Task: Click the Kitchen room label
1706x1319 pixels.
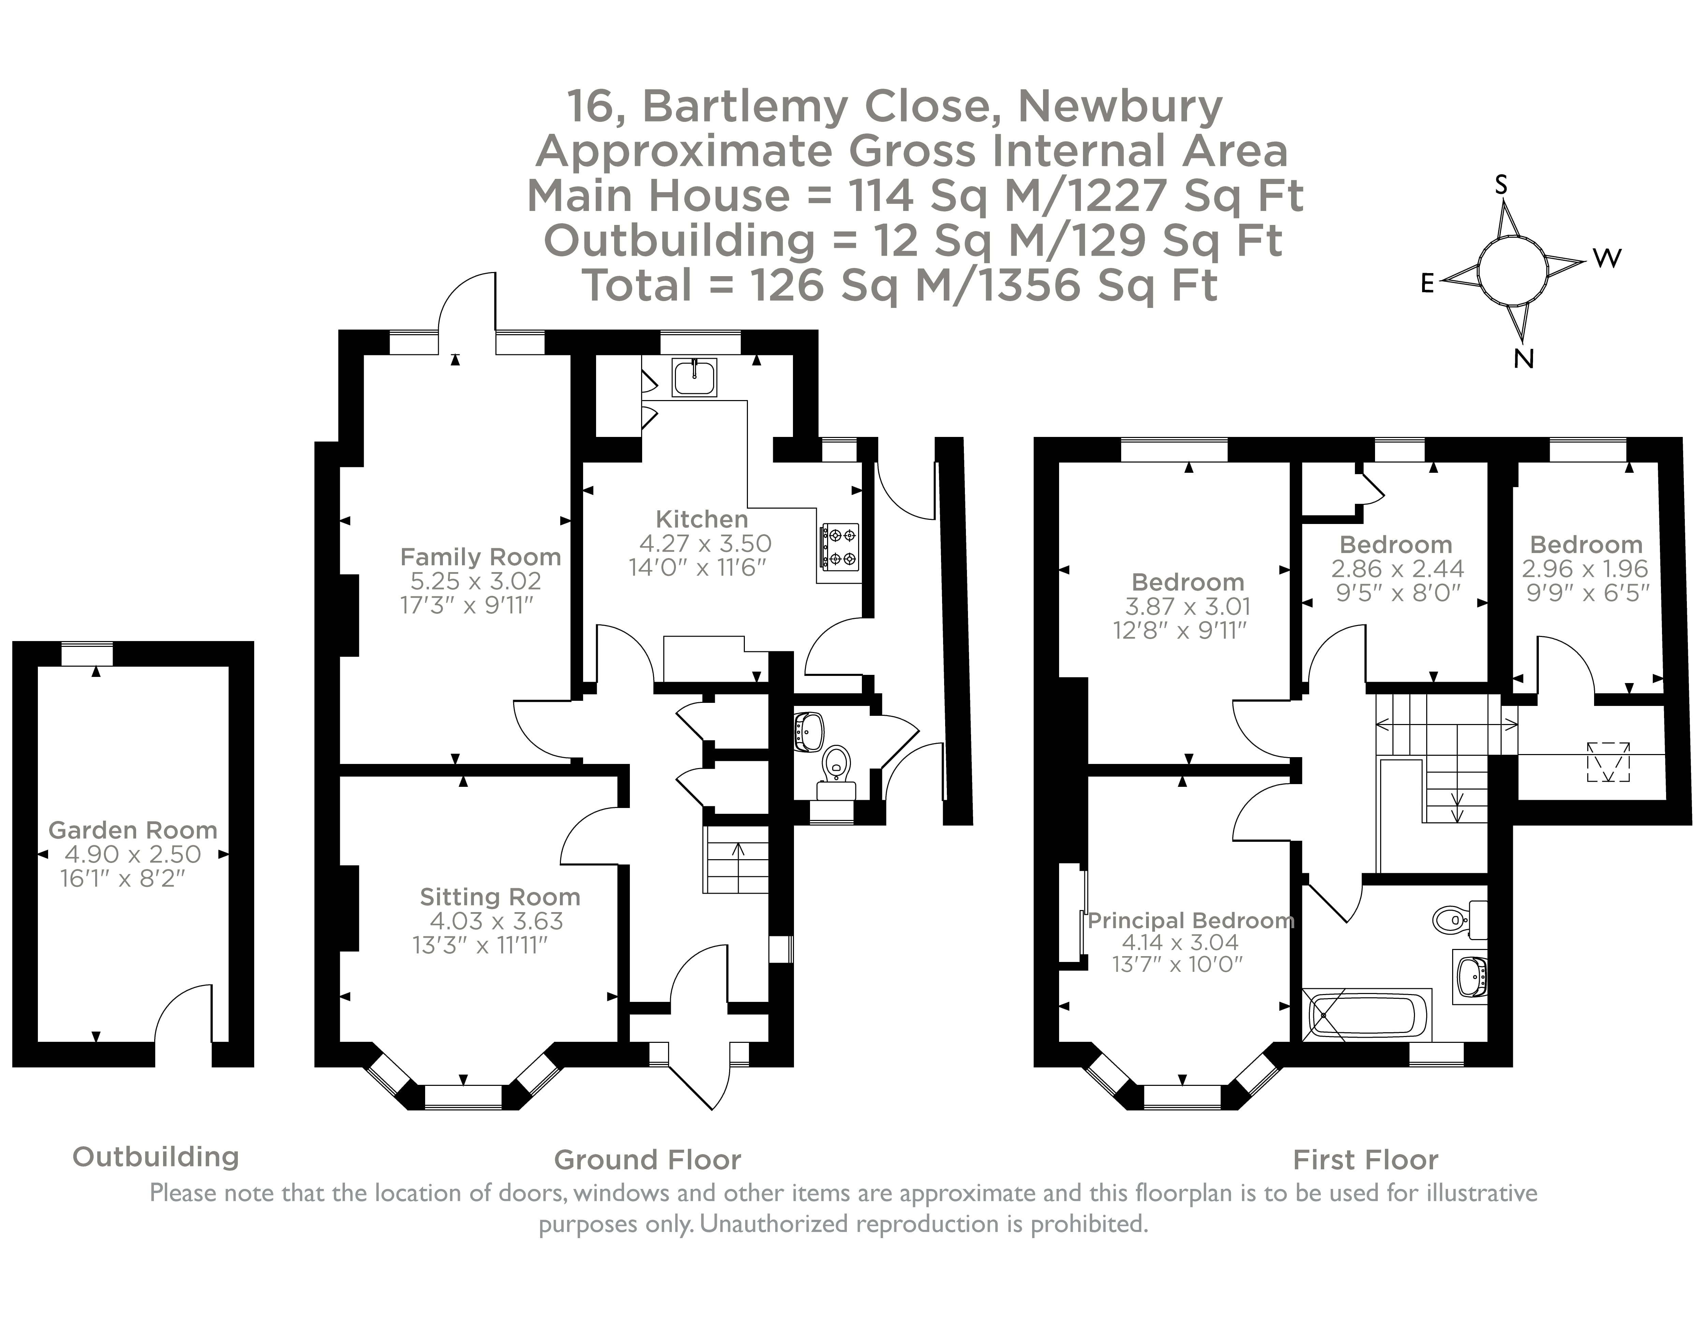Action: pos(702,519)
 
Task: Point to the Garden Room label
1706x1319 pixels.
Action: pos(133,830)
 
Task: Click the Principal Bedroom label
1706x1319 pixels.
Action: pos(1190,921)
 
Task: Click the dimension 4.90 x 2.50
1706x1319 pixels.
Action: pos(133,854)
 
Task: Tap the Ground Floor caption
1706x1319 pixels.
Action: pos(648,1160)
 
